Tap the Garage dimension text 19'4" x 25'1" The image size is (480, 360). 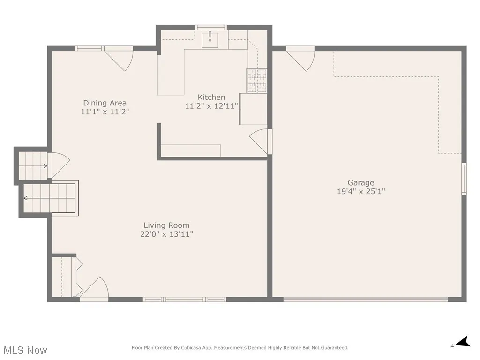coord(361,191)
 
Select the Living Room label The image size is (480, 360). coord(166,225)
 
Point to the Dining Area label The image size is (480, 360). coord(105,103)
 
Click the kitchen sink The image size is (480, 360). coord(211,40)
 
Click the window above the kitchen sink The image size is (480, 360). coord(211,27)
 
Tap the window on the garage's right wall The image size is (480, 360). coord(464,178)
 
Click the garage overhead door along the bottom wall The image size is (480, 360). coord(366,299)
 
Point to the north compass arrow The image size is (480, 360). coord(463,342)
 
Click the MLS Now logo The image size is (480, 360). coord(24,350)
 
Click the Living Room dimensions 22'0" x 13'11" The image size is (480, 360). coord(166,234)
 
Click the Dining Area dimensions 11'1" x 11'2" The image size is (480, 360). coord(105,112)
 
